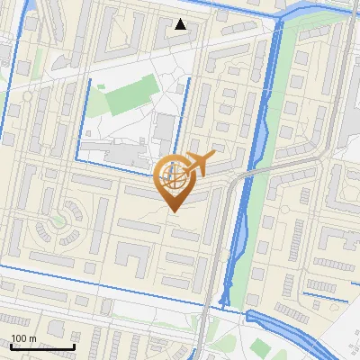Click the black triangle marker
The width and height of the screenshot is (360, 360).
click(x=181, y=24)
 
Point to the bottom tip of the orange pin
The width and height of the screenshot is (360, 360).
click(x=173, y=211)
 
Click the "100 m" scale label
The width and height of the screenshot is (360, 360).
click(x=23, y=338)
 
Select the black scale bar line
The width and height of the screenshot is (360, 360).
click(x=42, y=346)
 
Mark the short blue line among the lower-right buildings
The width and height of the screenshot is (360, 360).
click(x=324, y=293)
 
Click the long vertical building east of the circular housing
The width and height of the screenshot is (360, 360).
click(x=101, y=225)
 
